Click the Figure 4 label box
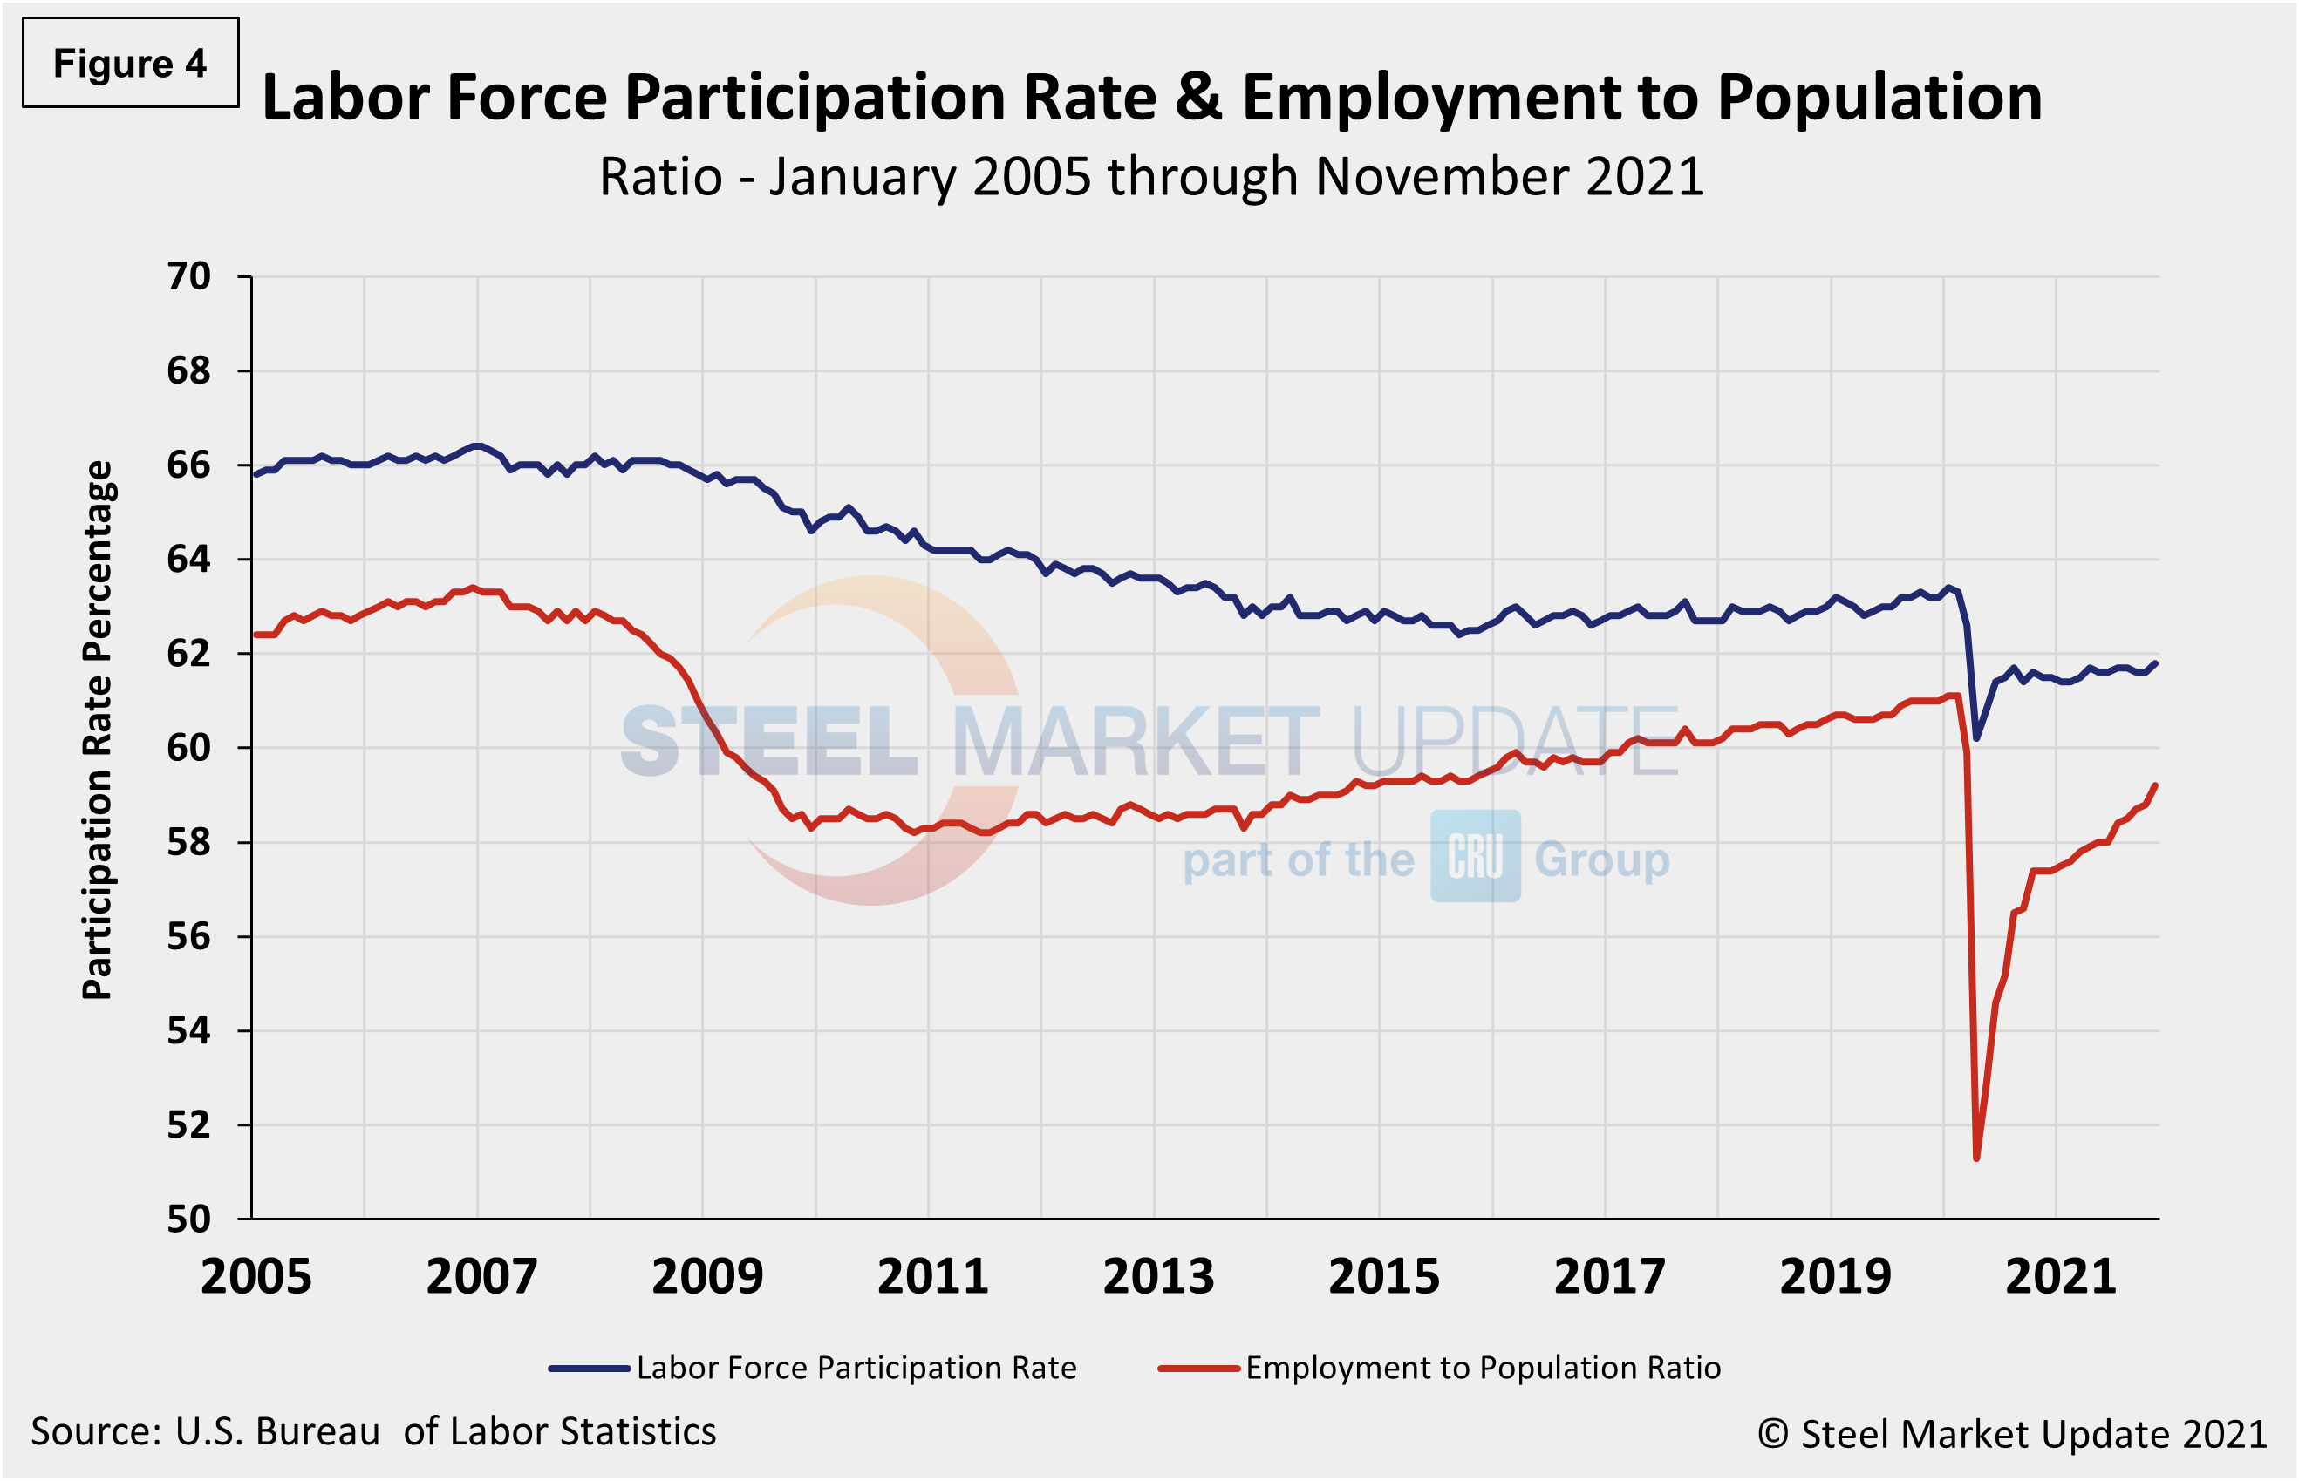point(130,64)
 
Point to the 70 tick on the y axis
point(188,277)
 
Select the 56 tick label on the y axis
point(188,937)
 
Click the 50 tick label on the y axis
point(188,1219)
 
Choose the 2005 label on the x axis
point(256,1278)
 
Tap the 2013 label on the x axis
point(1158,1278)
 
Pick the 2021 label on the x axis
point(2060,1278)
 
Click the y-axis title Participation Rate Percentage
point(98,730)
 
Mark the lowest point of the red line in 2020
point(1975,1158)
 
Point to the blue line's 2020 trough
point(1975,738)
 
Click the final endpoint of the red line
point(2156,785)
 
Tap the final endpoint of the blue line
point(2156,662)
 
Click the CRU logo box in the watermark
point(1475,856)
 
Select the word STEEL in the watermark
point(769,743)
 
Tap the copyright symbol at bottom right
point(1773,1434)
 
